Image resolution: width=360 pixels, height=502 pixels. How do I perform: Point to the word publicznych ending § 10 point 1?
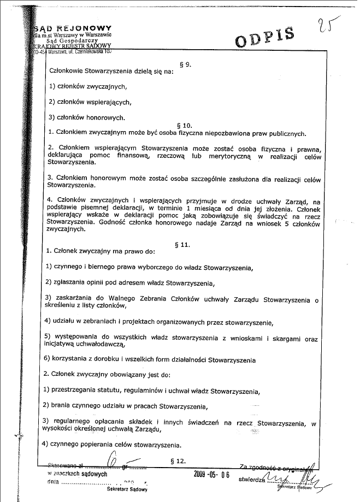pyautogui.click(x=286, y=132)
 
